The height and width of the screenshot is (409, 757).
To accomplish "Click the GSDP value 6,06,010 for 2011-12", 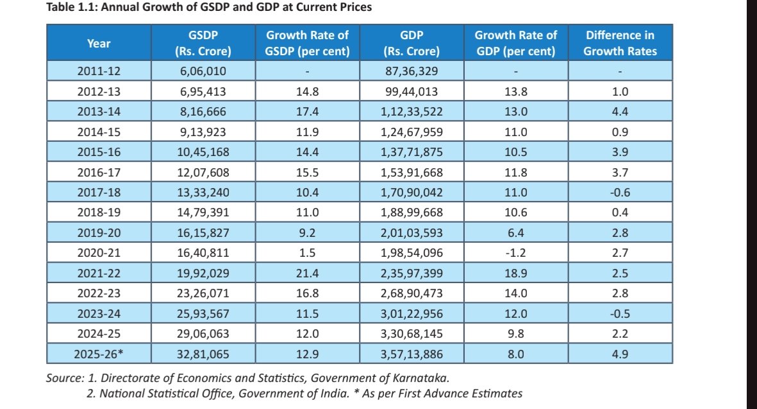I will pyautogui.click(x=203, y=71).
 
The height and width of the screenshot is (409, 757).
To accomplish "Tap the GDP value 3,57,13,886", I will pyautogui.click(x=412, y=353).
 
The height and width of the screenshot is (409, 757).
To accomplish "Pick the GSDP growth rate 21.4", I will pyautogui.click(x=308, y=273).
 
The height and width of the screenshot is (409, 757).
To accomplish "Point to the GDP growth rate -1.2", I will pyautogui.click(x=515, y=253).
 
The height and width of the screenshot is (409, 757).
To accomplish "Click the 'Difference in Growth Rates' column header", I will pyautogui.click(x=620, y=43).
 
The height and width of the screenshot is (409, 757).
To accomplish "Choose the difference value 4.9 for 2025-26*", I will pyautogui.click(x=620, y=353).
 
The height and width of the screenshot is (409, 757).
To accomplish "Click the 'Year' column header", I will pyautogui.click(x=99, y=43).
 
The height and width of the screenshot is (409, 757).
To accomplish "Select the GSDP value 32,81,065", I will pyautogui.click(x=203, y=353).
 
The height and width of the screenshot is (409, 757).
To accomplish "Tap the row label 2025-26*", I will pyautogui.click(x=99, y=353).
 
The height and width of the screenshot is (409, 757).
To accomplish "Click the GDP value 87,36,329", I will pyautogui.click(x=412, y=71).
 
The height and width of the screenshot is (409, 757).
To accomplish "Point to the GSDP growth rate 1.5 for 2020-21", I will pyautogui.click(x=308, y=253).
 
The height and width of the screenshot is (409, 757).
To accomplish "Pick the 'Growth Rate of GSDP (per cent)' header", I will pyautogui.click(x=308, y=43).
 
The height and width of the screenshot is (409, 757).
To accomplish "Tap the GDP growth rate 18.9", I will pyautogui.click(x=515, y=273).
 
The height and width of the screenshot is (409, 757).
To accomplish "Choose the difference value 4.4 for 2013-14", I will pyautogui.click(x=620, y=112).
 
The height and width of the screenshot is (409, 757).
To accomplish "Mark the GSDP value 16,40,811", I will pyautogui.click(x=203, y=253).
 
